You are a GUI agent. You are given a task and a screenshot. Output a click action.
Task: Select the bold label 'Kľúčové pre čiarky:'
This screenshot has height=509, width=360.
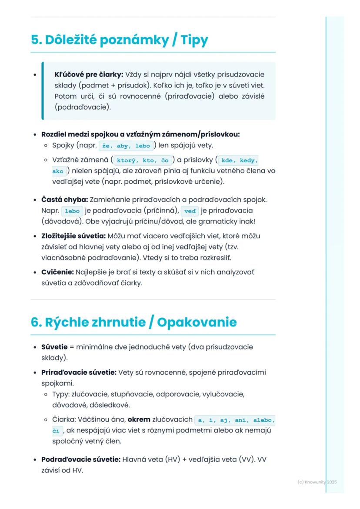click(x=89, y=74)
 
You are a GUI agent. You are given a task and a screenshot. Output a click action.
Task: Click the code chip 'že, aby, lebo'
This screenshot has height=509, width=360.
click(x=126, y=146)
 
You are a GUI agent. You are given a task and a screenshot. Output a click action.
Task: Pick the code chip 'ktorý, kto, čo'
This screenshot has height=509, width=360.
click(x=143, y=160)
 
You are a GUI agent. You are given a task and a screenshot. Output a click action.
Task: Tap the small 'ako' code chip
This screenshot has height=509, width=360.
click(x=57, y=172)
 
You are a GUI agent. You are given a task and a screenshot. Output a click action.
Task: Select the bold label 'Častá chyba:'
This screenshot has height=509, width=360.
click(x=64, y=200)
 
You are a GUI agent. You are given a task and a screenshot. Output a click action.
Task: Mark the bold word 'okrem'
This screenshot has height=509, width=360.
click(x=138, y=419)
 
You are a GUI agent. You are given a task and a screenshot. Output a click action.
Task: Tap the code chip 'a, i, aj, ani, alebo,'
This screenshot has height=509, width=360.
click(x=235, y=420)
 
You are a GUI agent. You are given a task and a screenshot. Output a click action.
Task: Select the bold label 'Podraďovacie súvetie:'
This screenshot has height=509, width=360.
click(x=80, y=459)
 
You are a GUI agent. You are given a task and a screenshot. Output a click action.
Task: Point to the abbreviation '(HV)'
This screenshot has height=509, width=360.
click(x=171, y=459)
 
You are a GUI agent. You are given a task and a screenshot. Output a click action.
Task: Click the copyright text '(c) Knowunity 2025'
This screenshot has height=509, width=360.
click(x=317, y=482)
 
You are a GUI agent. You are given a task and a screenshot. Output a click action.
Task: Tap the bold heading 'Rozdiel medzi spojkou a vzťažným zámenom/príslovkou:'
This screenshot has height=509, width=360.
click(x=140, y=134)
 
